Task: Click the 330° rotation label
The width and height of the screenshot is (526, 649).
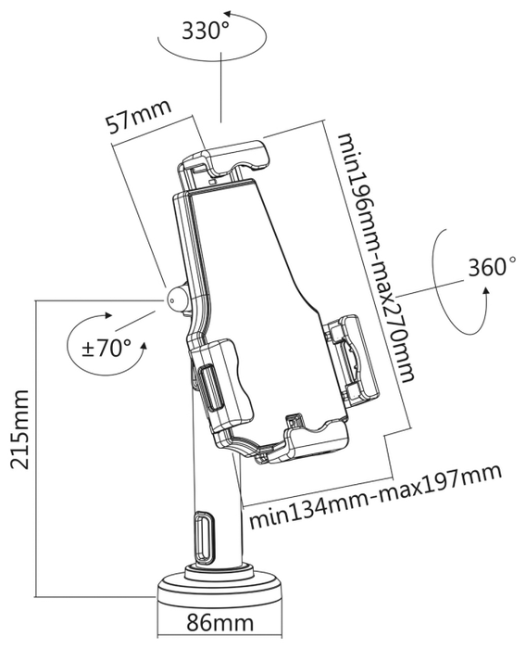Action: coord(206,31)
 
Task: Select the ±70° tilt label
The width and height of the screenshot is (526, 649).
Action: coord(106,348)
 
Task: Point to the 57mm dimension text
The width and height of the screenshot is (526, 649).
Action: coord(138,116)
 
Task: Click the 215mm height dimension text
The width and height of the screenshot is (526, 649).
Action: coord(19,428)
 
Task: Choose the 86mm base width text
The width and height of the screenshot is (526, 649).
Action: coord(219,622)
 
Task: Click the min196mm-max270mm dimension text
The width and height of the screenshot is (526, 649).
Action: coord(375,257)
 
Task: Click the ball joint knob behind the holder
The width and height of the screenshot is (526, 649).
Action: coord(178,298)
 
